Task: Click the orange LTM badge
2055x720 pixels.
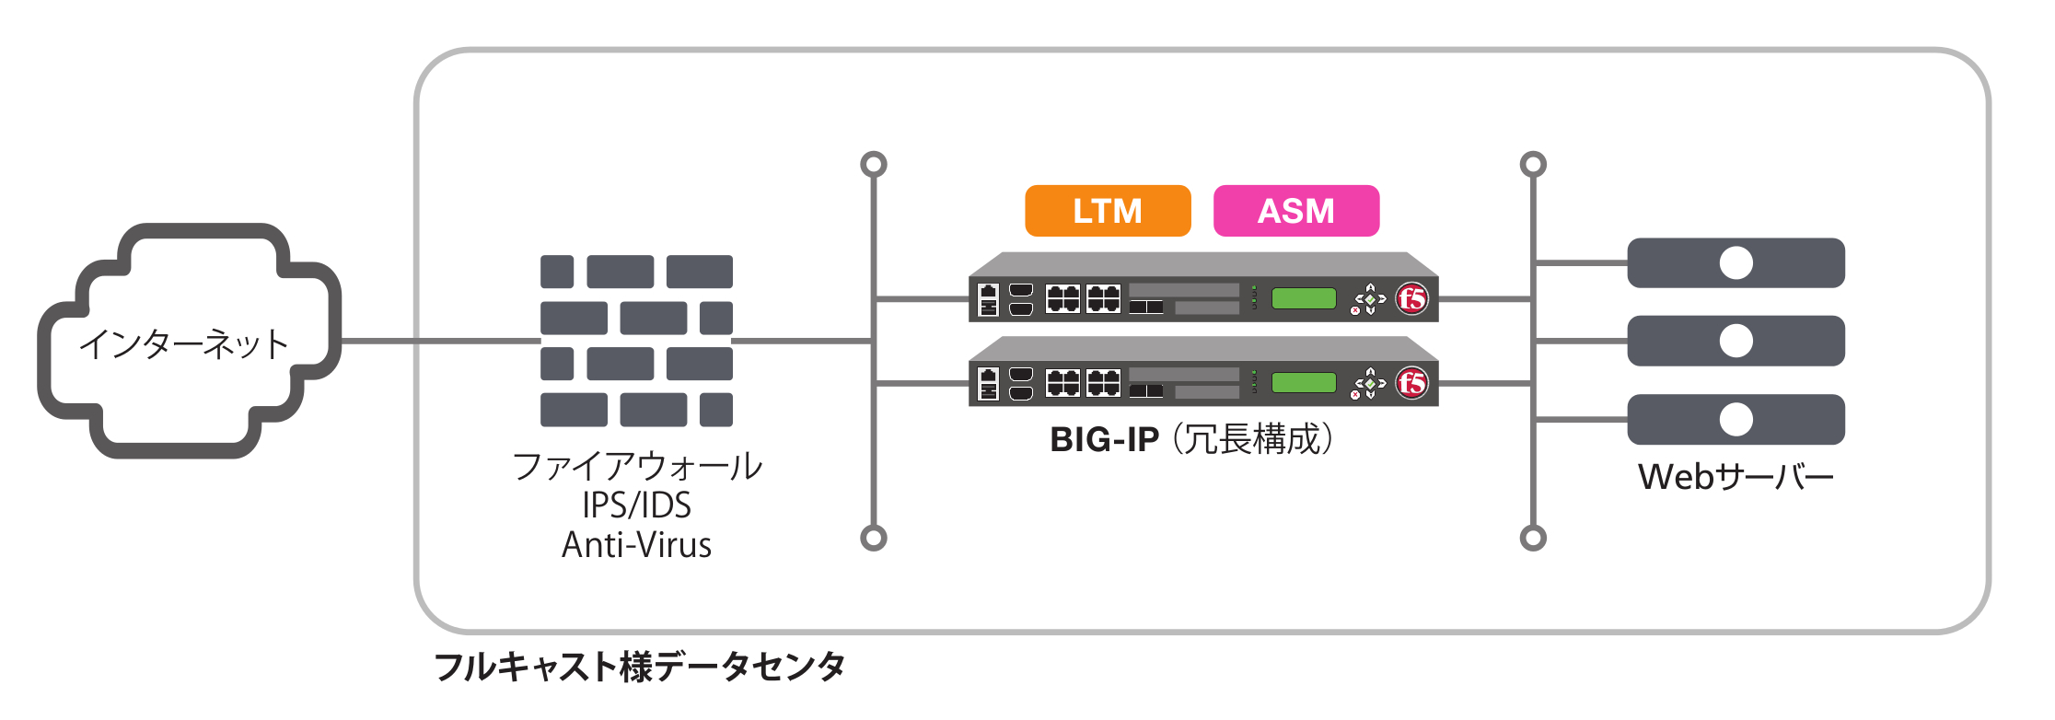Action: [x=1108, y=211]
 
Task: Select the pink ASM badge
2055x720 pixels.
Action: [x=1296, y=211]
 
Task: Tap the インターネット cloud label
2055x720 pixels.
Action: [x=184, y=343]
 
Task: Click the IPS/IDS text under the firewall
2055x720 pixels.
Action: [x=636, y=505]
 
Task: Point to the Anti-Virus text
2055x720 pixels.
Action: [x=636, y=545]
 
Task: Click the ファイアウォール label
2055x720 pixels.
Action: [x=636, y=466]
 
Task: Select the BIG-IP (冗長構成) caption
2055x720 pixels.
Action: [x=1191, y=439]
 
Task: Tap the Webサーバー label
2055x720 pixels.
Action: [x=1736, y=477]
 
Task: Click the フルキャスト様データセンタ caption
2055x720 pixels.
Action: [x=640, y=667]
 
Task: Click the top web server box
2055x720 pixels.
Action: [x=1736, y=263]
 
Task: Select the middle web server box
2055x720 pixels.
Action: [x=1736, y=341]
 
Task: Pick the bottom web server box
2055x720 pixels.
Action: [x=1736, y=420]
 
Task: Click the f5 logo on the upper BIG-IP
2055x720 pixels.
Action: [x=1411, y=298]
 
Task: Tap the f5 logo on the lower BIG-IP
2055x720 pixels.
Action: [x=1411, y=382]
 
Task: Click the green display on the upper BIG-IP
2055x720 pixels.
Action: [x=1304, y=298]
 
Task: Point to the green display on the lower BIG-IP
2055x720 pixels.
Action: [x=1304, y=382]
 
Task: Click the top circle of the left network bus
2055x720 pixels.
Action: [x=874, y=164]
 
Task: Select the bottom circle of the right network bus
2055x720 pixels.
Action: [x=1533, y=538]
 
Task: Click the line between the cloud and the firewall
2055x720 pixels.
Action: [x=440, y=341]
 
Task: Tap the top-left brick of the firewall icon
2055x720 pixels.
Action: [x=557, y=272]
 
